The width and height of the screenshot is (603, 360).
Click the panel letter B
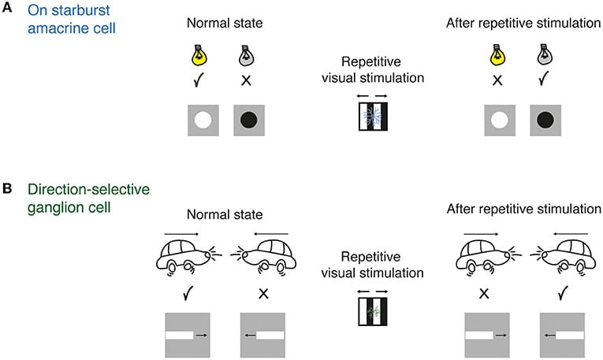(x=7, y=190)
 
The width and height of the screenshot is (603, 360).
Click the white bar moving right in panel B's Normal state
(x=181, y=336)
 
